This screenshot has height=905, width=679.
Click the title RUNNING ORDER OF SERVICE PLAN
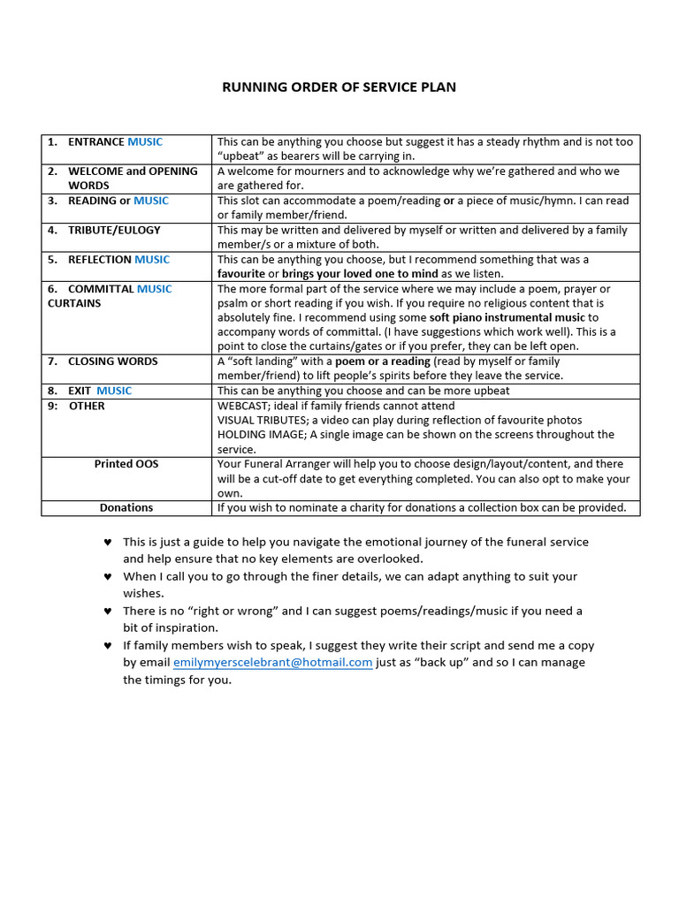pos(339,87)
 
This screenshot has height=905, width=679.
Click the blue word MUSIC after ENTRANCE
pos(145,141)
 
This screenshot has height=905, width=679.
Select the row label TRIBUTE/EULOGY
pos(114,230)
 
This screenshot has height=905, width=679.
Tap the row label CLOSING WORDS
pos(112,361)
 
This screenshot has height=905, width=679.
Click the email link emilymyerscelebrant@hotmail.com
pos(272,662)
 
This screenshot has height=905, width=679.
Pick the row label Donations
pos(126,508)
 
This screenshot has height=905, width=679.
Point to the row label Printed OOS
pos(126,464)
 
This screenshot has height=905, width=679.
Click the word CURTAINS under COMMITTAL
pos(74,303)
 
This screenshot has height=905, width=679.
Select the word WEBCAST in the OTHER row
pos(243,406)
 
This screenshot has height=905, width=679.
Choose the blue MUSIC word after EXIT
pos(114,391)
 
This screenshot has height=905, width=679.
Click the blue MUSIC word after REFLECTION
pos(152,260)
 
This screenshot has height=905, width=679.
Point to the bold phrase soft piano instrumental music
pos(507,317)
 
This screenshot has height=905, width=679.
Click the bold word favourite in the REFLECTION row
pos(241,274)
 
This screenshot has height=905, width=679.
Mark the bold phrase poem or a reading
pos(383,361)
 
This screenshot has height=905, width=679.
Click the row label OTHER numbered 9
pos(87,406)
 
